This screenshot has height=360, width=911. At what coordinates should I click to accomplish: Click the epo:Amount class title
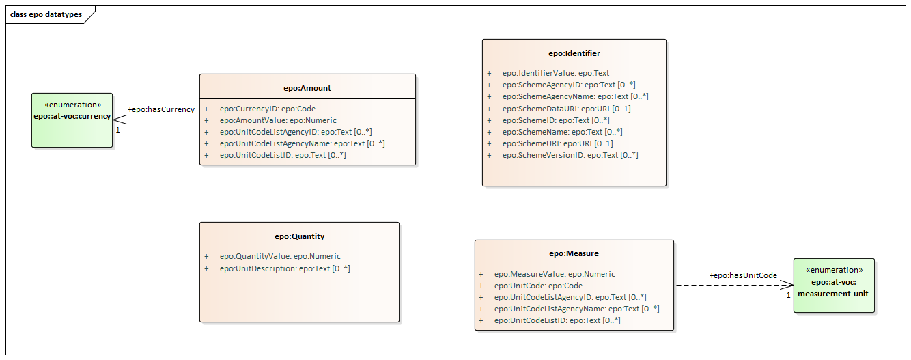point(307,88)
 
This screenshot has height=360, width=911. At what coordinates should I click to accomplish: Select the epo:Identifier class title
point(574,53)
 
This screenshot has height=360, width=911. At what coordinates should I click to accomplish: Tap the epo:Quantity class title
point(299,236)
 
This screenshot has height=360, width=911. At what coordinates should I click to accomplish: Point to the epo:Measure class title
point(574,253)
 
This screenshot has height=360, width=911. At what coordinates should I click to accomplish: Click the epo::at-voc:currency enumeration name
point(72,116)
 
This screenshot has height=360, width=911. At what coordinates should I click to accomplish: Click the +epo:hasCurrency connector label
point(161,109)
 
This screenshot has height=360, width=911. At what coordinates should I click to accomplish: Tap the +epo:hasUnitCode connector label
point(743,275)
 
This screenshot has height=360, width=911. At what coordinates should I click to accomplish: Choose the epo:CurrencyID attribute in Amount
point(268,109)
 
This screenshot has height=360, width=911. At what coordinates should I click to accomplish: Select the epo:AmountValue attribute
point(278,120)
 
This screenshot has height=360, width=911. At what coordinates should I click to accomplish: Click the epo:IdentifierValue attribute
point(556,73)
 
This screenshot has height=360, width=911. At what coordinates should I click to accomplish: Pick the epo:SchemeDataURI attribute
point(567,109)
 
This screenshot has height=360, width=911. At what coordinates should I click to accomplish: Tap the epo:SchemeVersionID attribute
point(570,155)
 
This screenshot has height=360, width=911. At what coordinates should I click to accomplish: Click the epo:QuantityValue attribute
point(280,256)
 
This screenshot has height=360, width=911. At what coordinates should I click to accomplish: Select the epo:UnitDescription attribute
point(285,268)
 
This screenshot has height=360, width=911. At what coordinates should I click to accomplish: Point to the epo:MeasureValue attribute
point(555,274)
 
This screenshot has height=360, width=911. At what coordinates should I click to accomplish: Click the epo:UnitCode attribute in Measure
point(538,286)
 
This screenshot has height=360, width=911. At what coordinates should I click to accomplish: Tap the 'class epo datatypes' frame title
point(46,14)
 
